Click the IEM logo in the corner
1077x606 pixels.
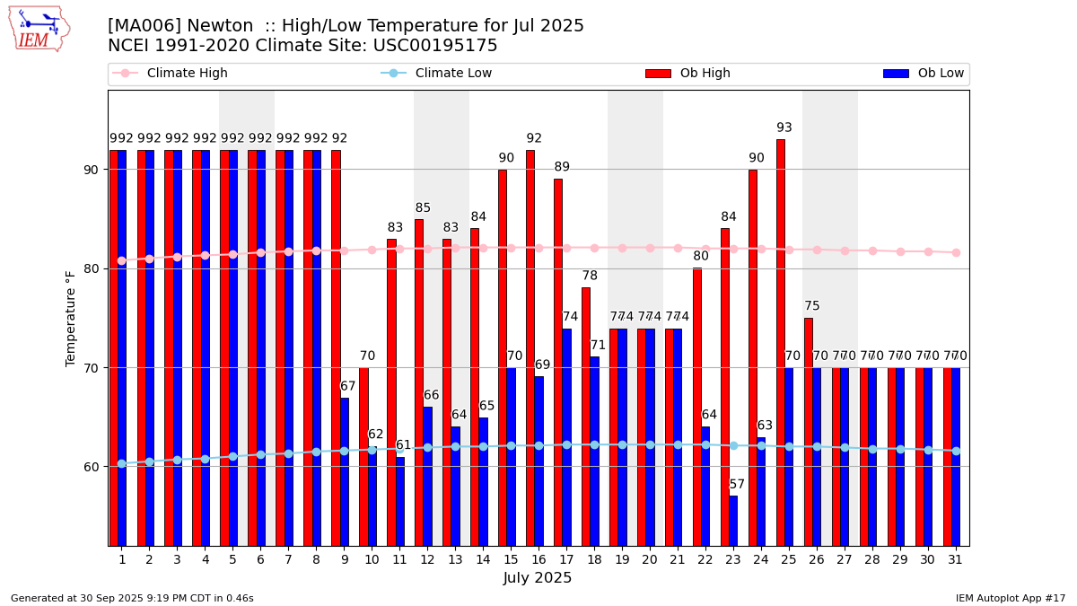[39, 29]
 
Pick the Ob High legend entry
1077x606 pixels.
[687, 74]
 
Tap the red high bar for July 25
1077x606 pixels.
[781, 341]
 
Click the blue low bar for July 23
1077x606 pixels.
[733, 521]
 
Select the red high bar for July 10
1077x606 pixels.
[363, 456]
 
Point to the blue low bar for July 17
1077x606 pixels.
[566, 436]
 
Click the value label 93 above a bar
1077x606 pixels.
[784, 128]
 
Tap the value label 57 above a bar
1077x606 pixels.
[737, 485]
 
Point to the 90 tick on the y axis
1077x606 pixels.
[95, 170]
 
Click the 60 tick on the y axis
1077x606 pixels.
[95, 467]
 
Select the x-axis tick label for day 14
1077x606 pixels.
[482, 559]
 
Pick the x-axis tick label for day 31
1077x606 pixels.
[955, 559]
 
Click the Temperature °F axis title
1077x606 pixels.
[71, 318]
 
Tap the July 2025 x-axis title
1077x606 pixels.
[538, 578]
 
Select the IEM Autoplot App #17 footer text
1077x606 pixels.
[1011, 598]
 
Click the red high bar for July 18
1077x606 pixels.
[586, 416]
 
